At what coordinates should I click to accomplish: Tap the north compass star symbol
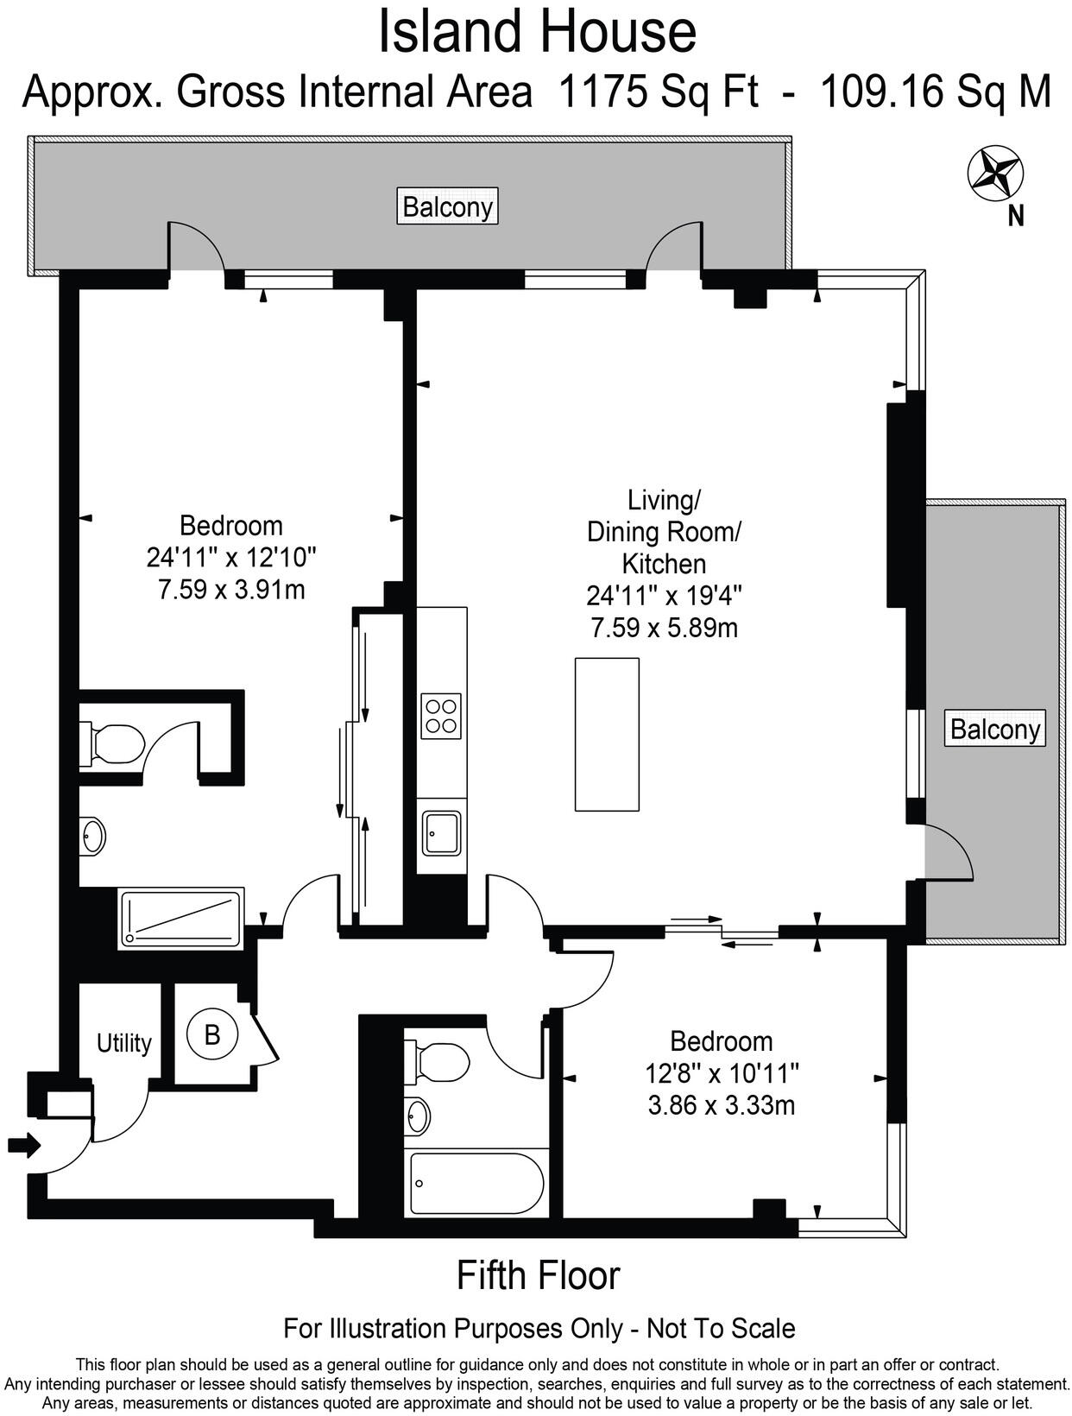click(995, 171)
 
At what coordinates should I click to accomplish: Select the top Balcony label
click(447, 207)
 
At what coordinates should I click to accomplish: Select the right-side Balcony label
click(994, 730)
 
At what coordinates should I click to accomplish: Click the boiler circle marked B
click(212, 1034)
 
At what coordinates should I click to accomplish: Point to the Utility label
click(123, 1043)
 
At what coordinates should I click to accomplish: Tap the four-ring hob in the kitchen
click(440, 716)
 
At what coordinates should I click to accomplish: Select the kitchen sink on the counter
click(440, 832)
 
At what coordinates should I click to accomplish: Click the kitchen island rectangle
click(607, 734)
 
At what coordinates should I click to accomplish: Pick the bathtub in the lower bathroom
click(476, 1184)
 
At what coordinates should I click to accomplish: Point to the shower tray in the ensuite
click(181, 918)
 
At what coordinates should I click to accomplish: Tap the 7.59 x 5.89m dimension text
click(664, 628)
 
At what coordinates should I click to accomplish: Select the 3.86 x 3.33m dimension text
click(721, 1105)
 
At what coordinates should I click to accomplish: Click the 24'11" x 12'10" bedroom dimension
click(231, 558)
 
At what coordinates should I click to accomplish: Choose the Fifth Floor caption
click(538, 1275)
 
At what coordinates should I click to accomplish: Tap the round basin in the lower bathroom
click(418, 1116)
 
